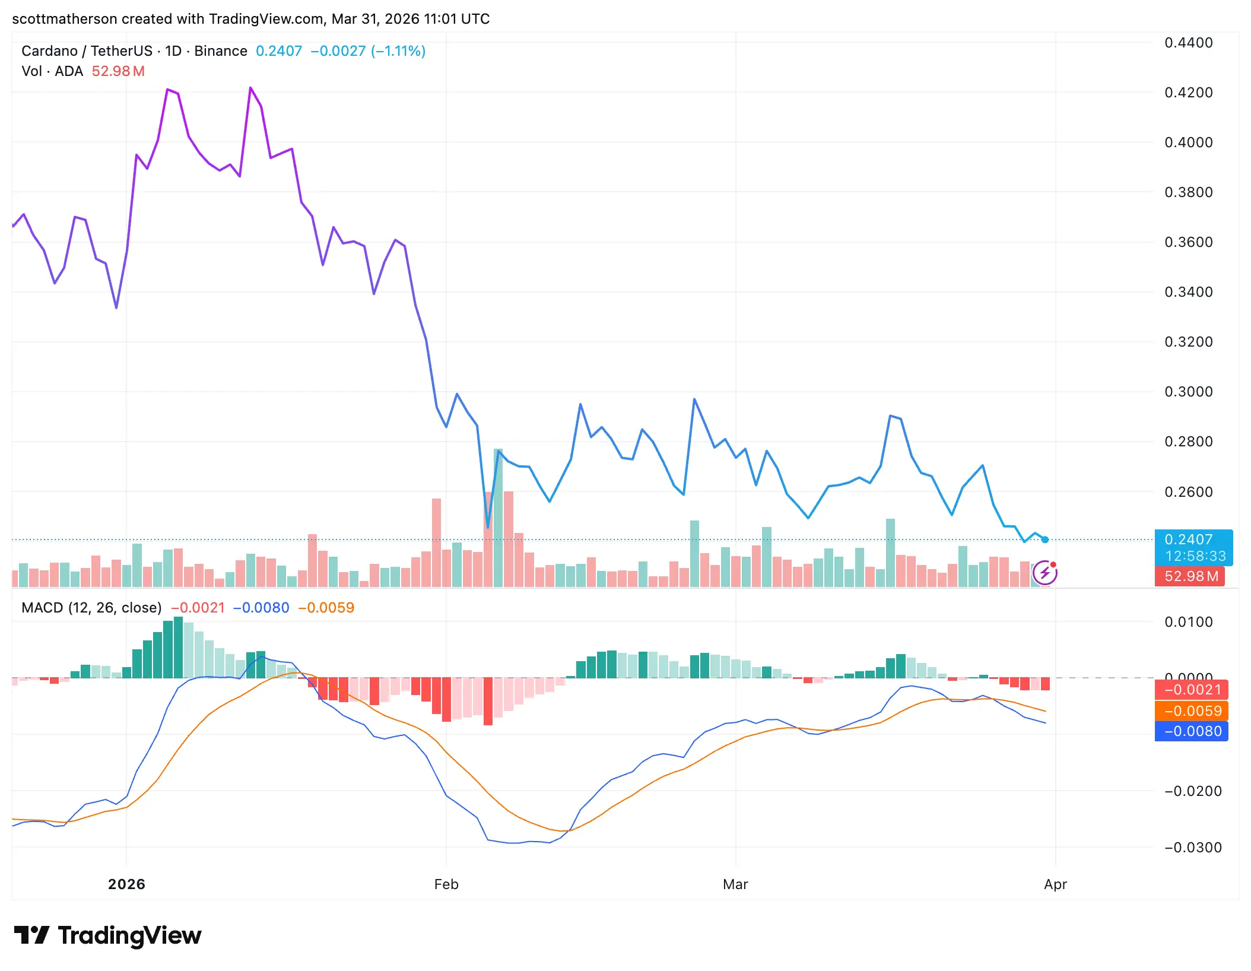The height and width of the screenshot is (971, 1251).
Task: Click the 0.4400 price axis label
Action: (x=1188, y=43)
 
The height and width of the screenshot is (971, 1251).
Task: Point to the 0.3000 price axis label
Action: (x=1188, y=392)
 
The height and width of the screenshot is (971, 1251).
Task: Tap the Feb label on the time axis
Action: (x=446, y=884)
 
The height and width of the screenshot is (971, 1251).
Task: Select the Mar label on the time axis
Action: (x=735, y=884)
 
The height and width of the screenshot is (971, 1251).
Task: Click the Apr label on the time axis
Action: (x=1055, y=884)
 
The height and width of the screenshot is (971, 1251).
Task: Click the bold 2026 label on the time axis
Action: (x=126, y=884)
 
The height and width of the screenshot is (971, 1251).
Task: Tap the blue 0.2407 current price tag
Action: (x=1193, y=540)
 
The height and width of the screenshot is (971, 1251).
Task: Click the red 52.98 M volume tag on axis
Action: (x=1190, y=576)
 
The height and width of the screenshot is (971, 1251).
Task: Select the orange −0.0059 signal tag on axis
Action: (x=1192, y=711)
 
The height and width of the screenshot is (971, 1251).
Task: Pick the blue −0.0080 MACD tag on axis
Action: (x=1192, y=731)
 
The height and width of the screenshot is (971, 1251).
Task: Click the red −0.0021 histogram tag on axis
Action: (x=1192, y=690)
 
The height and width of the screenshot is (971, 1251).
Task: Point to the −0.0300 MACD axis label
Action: (x=1192, y=848)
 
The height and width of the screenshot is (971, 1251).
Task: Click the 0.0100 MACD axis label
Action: (x=1188, y=622)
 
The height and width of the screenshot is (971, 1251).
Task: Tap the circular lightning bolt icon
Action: (x=1044, y=573)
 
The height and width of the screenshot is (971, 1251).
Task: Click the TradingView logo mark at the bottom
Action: (x=31, y=935)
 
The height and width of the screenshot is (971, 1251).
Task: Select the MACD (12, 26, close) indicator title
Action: (x=91, y=608)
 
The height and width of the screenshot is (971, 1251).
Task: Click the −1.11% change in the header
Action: (x=398, y=51)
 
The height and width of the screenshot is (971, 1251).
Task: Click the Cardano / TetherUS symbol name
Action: (x=87, y=51)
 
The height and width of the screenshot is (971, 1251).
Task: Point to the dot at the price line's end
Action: (x=1045, y=540)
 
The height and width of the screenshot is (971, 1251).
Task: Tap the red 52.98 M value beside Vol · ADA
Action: (x=118, y=71)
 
